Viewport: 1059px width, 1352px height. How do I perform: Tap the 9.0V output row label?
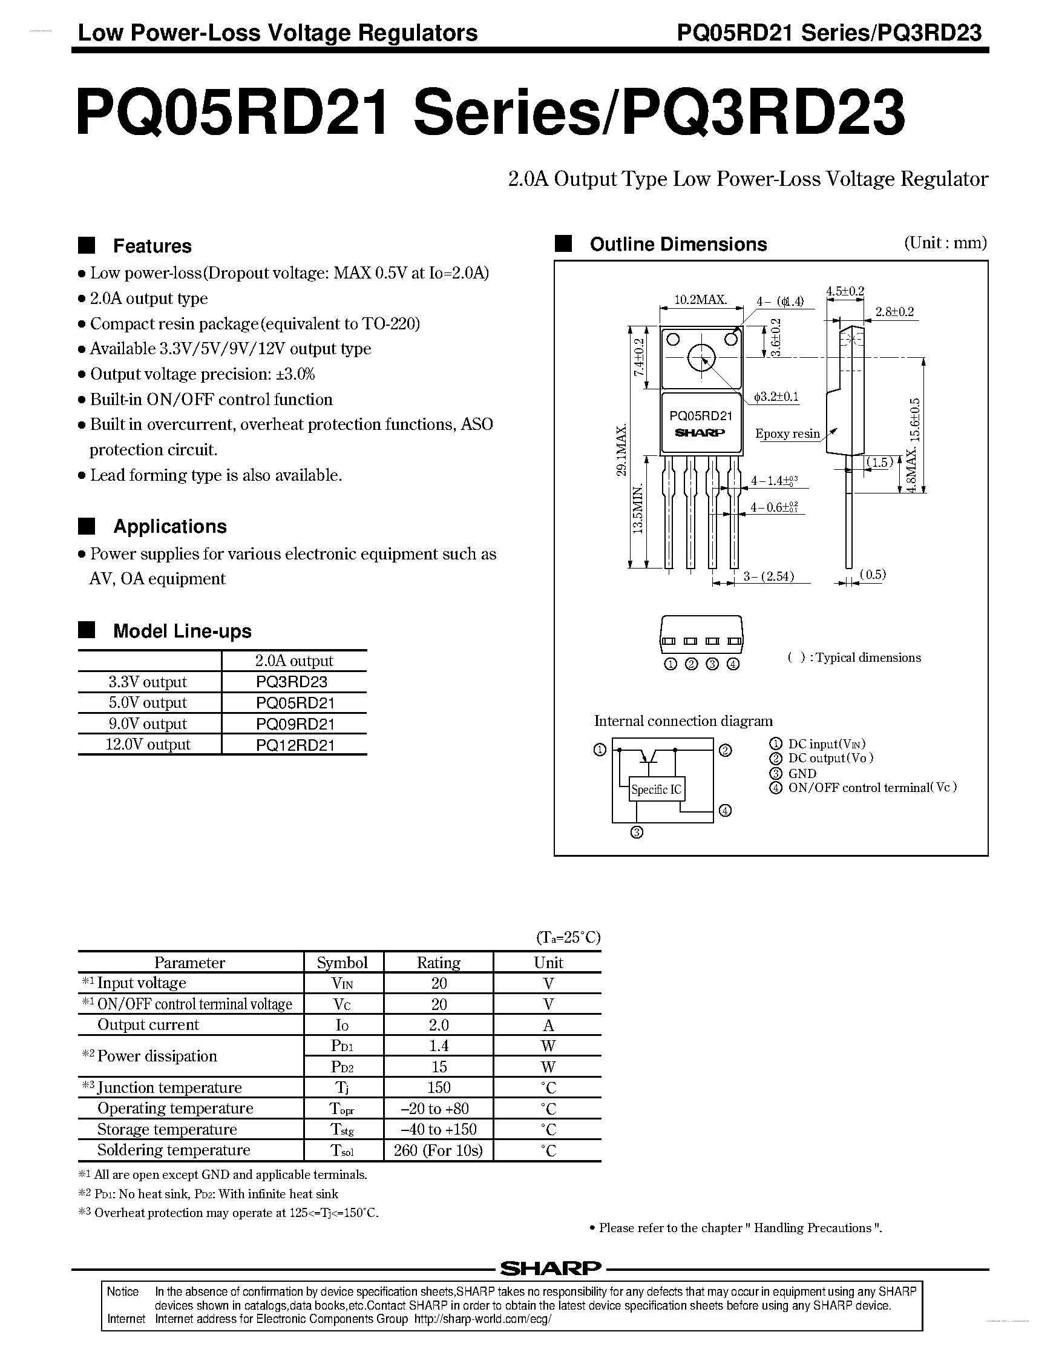click(148, 724)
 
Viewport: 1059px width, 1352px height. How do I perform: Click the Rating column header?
click(438, 963)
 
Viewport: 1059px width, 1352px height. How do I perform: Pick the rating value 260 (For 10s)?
click(438, 1150)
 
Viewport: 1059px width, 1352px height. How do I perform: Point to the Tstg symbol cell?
click(343, 1129)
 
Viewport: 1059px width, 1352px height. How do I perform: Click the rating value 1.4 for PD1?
click(438, 1046)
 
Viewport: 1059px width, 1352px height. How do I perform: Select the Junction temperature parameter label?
click(169, 1087)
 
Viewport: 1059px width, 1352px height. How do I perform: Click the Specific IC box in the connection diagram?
click(656, 789)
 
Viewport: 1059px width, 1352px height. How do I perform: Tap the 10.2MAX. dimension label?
click(700, 300)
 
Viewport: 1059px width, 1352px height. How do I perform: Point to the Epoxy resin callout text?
click(787, 434)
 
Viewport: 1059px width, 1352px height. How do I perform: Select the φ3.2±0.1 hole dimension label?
click(776, 397)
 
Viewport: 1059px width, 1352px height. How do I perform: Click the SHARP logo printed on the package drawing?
click(700, 432)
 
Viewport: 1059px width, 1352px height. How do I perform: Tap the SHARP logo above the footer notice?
click(550, 1268)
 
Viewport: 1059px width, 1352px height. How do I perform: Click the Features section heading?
click(152, 246)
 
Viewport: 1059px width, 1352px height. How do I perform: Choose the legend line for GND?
click(802, 773)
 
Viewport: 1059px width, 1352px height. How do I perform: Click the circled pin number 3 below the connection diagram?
click(637, 833)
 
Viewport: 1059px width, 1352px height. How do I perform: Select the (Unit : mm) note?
click(945, 243)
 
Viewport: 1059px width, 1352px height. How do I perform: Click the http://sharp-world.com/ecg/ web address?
click(482, 1319)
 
